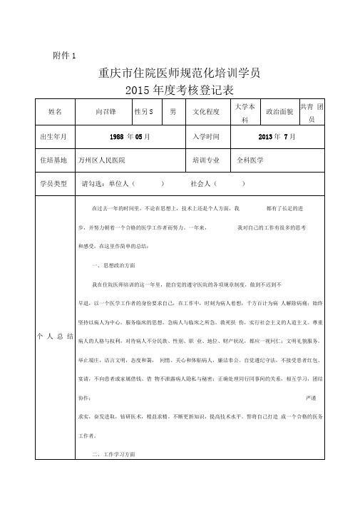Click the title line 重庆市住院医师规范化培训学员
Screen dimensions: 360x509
pyautogui.click(x=179, y=73)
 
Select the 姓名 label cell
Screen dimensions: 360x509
pyautogui.click(x=56, y=112)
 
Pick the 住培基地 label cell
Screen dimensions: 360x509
pyautogui.click(x=54, y=161)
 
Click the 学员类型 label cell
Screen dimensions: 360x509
pyautogui.click(x=54, y=184)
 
